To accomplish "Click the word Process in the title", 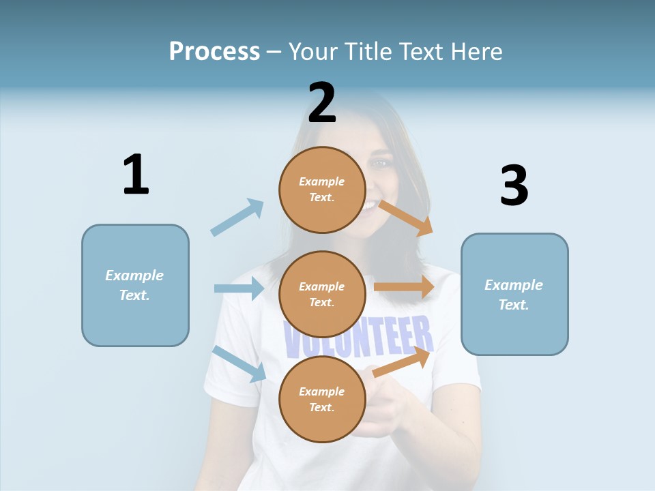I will [214, 51].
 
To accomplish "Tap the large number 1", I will [136, 175].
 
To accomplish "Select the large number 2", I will [322, 103].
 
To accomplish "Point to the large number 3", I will [514, 185].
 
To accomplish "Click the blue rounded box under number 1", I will [135, 285].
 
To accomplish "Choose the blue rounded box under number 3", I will [514, 294].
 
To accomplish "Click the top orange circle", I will [322, 190].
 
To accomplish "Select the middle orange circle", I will [322, 295].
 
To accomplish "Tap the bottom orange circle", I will [322, 400].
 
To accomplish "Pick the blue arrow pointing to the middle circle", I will [239, 288].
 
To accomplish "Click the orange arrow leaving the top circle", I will [406, 218].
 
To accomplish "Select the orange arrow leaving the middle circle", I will [404, 287].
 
